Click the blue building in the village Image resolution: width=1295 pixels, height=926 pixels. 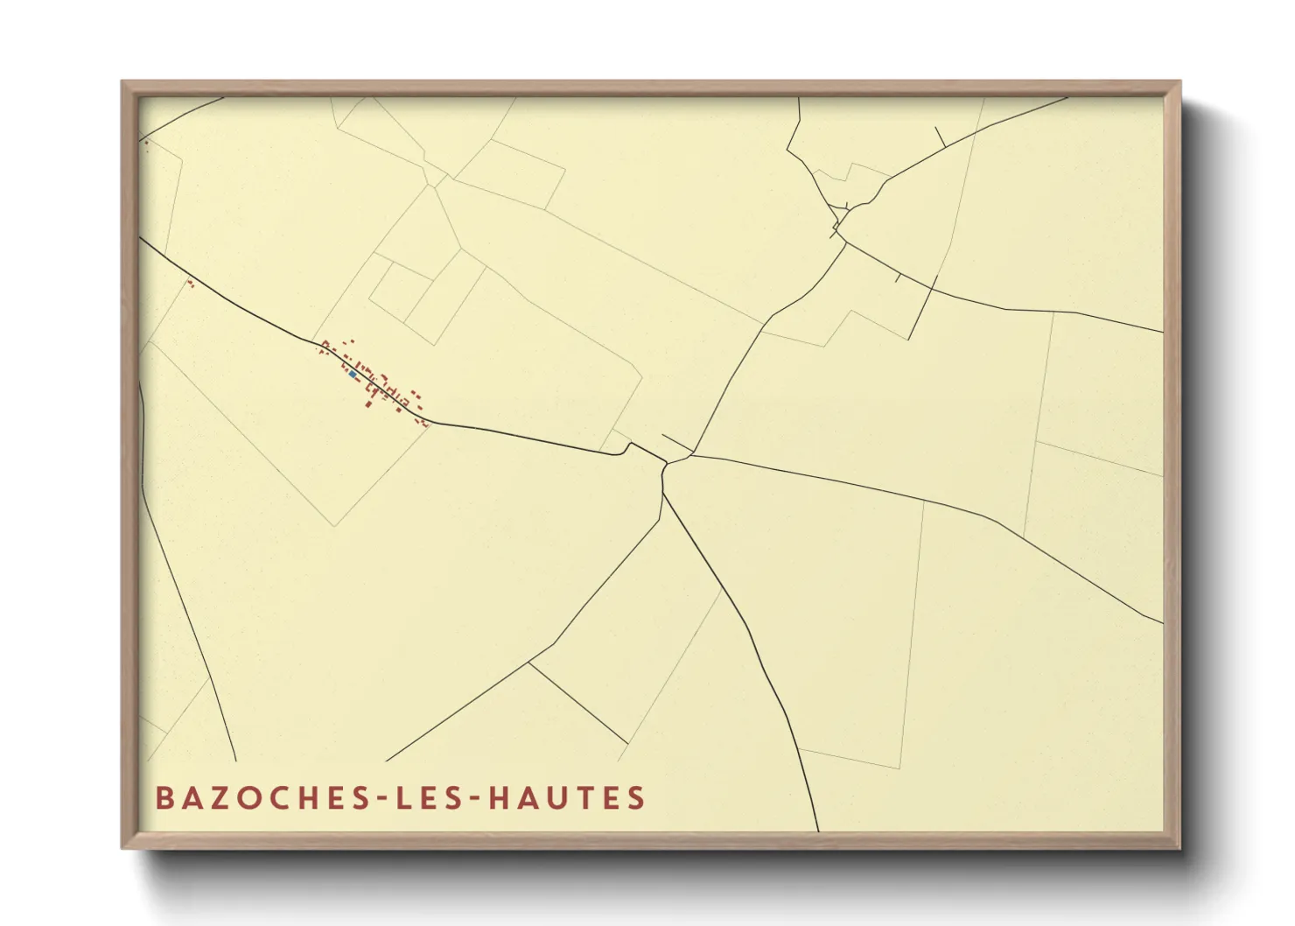click(x=353, y=374)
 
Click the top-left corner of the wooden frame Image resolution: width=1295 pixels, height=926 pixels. click(x=122, y=82)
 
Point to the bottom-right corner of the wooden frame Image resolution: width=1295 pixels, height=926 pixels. click(x=1179, y=847)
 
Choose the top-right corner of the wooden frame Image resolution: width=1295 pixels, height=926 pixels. click(x=1179, y=82)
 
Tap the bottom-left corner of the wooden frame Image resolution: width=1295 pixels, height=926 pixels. click(x=122, y=847)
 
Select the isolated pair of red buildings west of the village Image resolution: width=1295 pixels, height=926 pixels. click(x=189, y=283)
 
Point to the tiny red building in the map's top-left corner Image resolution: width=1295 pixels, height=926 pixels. click(x=146, y=142)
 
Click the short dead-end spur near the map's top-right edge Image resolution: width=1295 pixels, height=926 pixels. click(x=941, y=137)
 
